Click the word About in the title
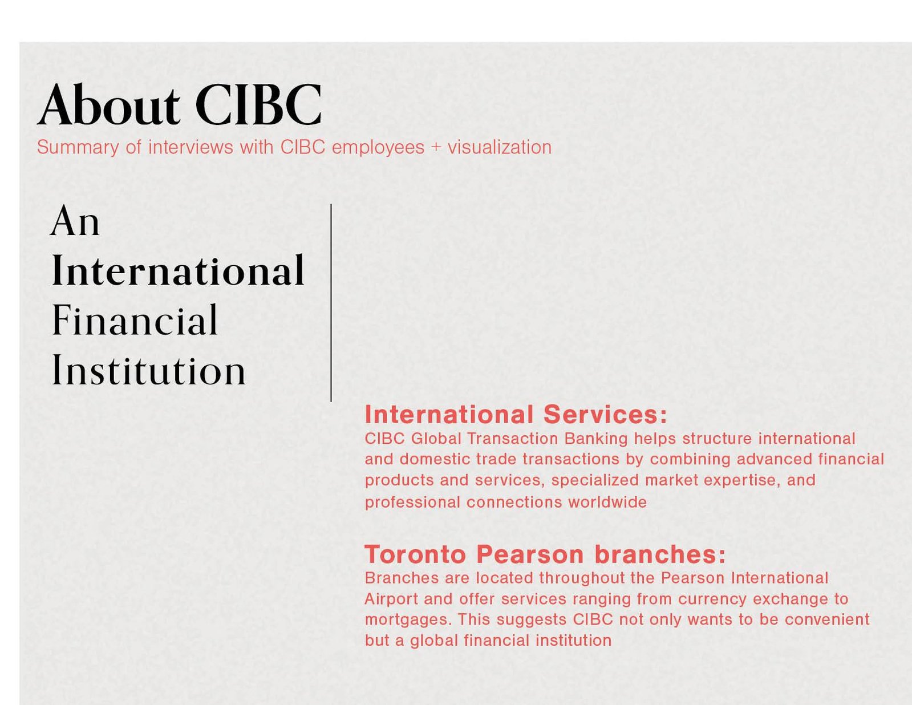109,104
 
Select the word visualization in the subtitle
500,147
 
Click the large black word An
75,221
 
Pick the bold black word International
178,270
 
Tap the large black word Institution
148,370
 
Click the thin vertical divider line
331,302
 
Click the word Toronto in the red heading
415,554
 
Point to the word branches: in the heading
660,554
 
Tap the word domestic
435,459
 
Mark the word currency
712,599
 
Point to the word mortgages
408,620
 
